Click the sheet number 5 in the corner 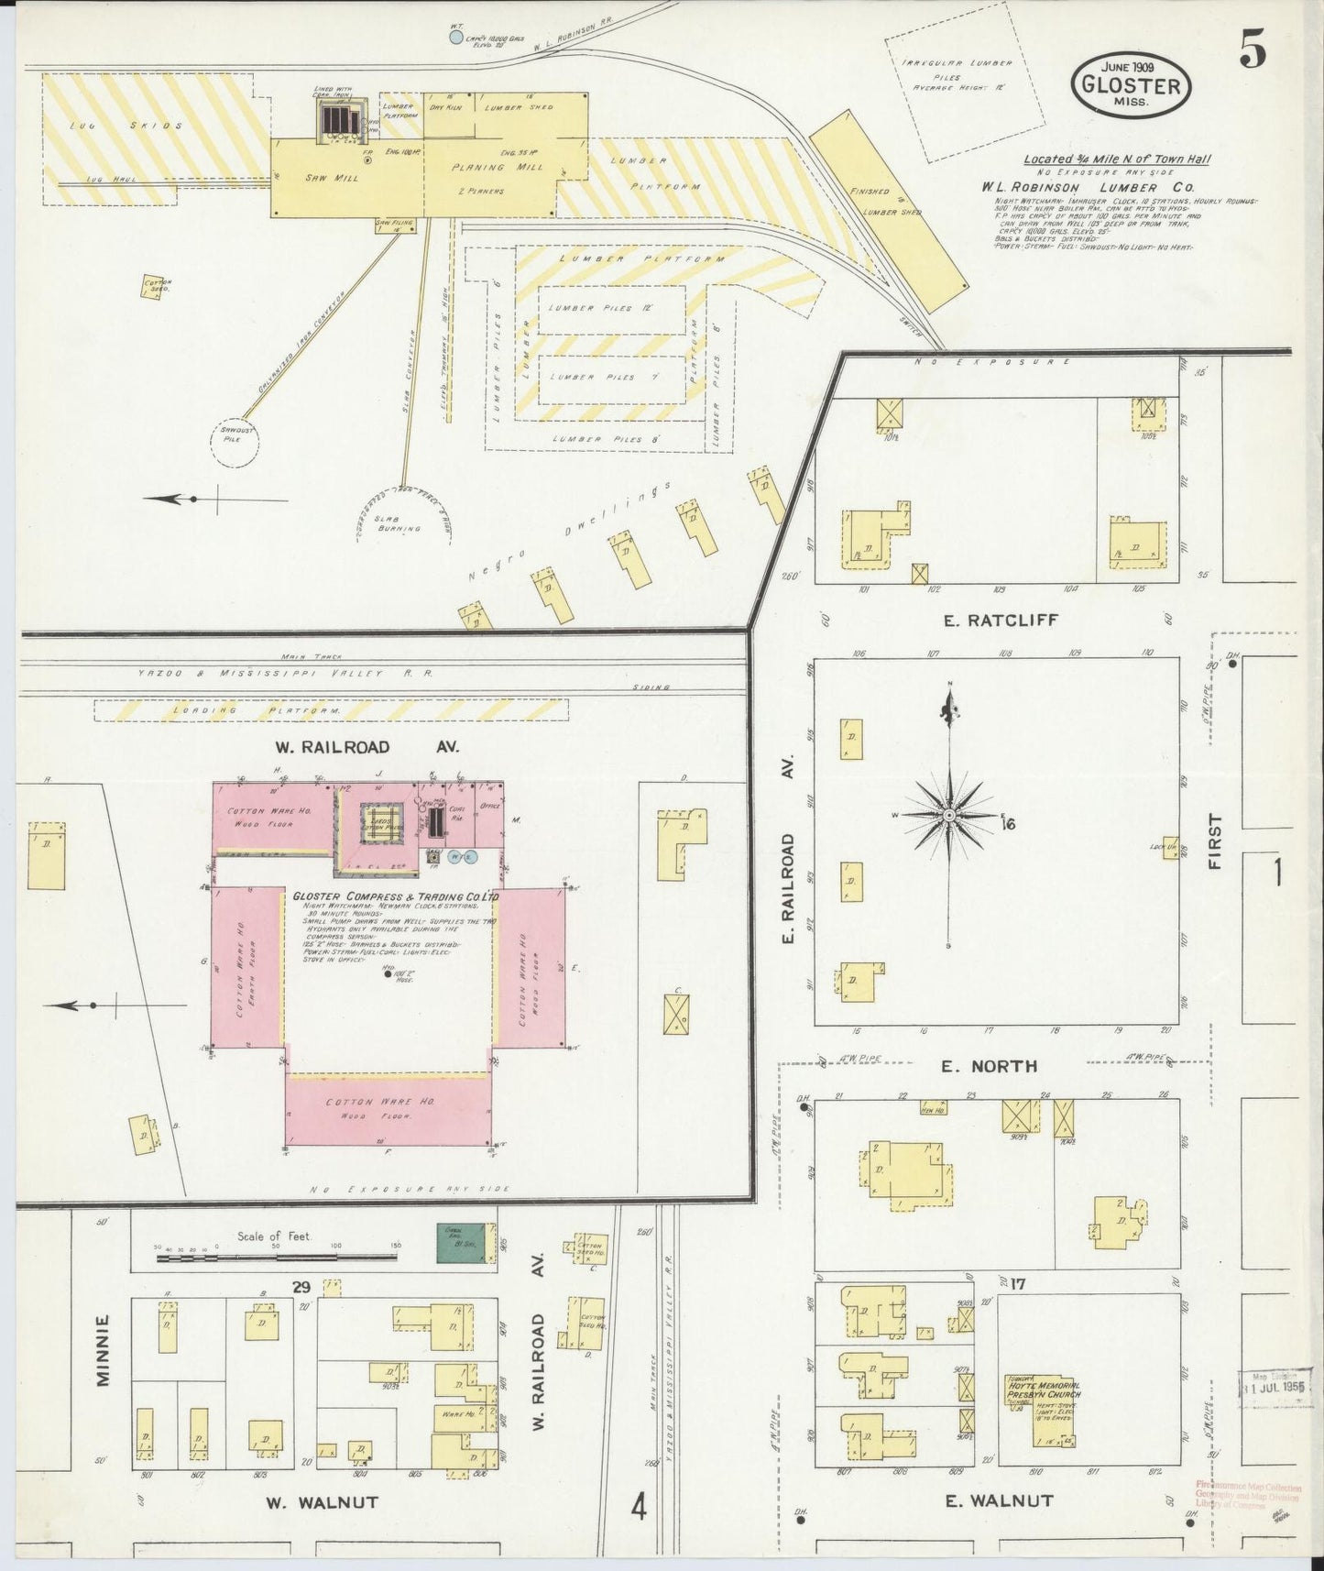pos(1253,54)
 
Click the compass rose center pos(949,815)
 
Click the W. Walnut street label pos(322,1502)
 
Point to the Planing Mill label pos(498,168)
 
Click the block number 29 pos(301,1287)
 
